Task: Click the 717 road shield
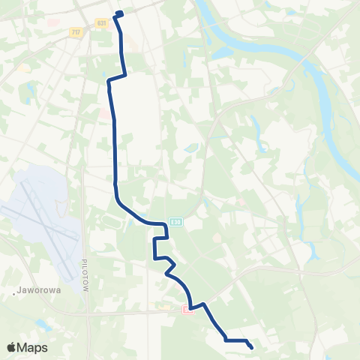tap(75, 32)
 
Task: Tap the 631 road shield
tap(102, 23)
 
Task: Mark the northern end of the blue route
tap(119, 12)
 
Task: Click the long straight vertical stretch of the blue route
tap(114, 150)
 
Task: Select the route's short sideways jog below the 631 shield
tap(116, 77)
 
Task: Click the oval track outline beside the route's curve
tap(109, 221)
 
